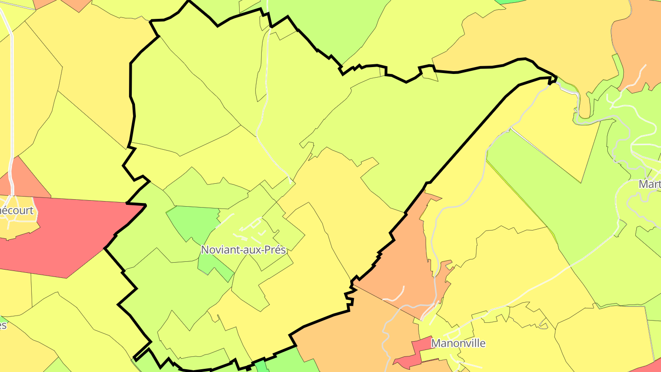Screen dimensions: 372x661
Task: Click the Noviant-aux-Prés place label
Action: click(243, 250)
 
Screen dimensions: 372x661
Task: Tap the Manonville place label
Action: click(458, 343)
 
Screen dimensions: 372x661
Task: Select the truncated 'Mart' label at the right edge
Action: click(650, 184)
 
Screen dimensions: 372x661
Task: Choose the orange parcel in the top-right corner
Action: click(638, 41)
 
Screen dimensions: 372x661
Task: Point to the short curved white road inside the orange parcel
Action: click(395, 294)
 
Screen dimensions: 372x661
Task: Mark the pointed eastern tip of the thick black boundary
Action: click(555, 79)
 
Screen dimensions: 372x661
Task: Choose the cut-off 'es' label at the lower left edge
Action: click(3, 325)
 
